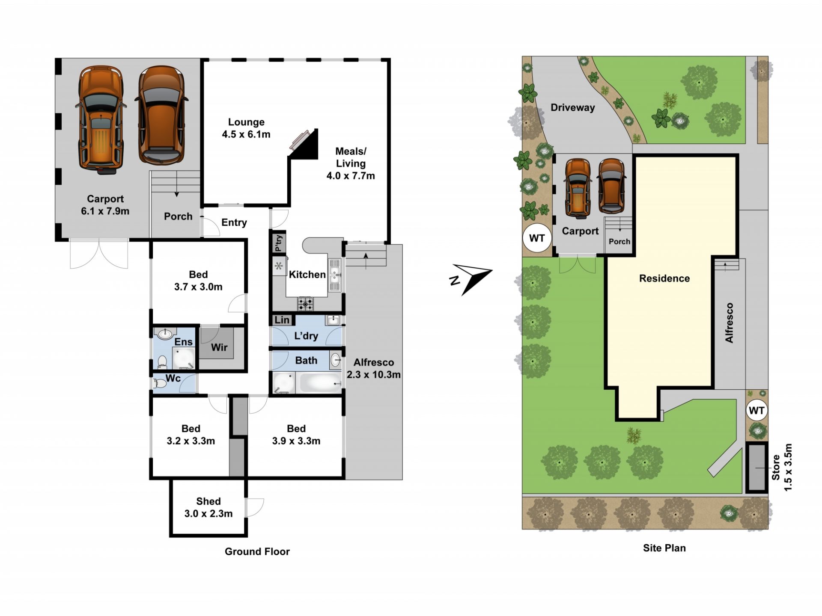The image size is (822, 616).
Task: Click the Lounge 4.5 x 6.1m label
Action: click(246, 128)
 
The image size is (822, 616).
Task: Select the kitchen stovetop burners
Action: click(306, 304)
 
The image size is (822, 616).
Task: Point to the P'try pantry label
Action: click(279, 243)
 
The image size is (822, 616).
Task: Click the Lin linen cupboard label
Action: click(282, 320)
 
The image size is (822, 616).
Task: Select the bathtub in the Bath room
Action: click(321, 382)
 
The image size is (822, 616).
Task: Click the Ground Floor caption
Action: click(257, 551)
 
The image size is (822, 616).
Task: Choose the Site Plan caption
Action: click(664, 548)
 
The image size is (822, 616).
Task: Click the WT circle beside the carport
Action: click(537, 238)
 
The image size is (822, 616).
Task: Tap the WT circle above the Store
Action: click(756, 411)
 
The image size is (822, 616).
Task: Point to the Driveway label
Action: click(573, 107)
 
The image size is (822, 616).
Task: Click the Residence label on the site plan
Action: click(664, 278)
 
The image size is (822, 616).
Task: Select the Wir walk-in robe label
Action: click(219, 347)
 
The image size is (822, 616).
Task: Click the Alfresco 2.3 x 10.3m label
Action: click(374, 368)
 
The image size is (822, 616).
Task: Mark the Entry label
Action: click(234, 222)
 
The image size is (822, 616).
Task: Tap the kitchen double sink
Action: click(335, 275)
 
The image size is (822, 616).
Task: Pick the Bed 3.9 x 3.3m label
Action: click(296, 435)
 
